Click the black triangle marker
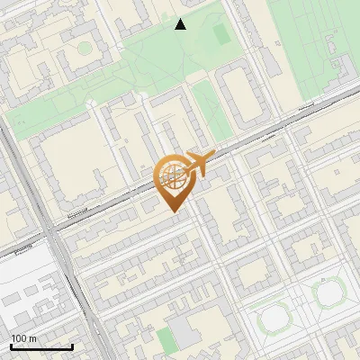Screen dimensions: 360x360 (181, 24)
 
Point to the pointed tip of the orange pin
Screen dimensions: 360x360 (173, 211)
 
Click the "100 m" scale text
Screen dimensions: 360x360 (24, 338)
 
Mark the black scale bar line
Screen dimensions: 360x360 (41, 347)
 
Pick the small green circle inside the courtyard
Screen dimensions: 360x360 (84, 47)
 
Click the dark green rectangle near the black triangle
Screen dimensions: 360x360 (221, 34)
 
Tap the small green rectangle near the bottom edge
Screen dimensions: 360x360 (164, 339)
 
